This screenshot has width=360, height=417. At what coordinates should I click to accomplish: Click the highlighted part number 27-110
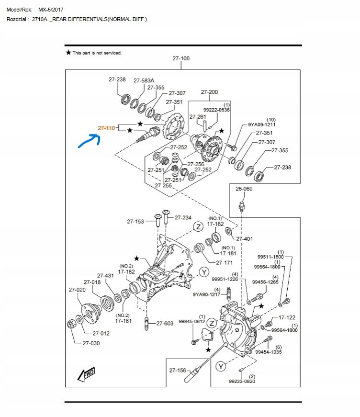(x=107, y=128)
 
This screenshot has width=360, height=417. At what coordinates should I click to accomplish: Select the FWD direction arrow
(x=86, y=374)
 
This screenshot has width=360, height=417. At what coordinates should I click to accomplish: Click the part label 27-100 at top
(x=181, y=58)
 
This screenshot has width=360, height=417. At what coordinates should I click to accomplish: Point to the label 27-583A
(x=144, y=80)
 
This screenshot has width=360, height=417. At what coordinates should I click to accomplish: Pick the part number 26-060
(x=244, y=189)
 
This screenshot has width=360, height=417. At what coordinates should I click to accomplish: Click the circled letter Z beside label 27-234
(x=198, y=227)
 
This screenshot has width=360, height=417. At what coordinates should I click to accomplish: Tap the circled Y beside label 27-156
(x=221, y=367)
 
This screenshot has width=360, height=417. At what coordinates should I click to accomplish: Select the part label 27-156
(x=178, y=370)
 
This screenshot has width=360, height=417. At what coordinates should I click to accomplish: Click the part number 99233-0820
(x=242, y=382)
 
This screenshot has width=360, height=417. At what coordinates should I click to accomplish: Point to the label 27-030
(x=91, y=343)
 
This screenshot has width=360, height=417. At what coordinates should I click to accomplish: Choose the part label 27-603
(x=165, y=323)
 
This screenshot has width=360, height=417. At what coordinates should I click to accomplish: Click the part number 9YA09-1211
(x=262, y=124)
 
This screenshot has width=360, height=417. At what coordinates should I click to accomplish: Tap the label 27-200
(x=209, y=92)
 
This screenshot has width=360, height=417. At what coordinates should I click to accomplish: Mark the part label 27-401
(x=244, y=239)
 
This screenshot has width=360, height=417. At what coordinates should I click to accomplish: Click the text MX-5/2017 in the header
(x=51, y=10)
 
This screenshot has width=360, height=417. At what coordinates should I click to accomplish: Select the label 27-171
(x=224, y=263)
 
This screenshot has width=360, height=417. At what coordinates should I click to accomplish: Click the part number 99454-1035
(x=268, y=352)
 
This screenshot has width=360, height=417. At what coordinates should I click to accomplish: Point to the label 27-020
(x=77, y=290)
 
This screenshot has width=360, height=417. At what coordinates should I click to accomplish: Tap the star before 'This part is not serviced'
(x=68, y=52)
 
